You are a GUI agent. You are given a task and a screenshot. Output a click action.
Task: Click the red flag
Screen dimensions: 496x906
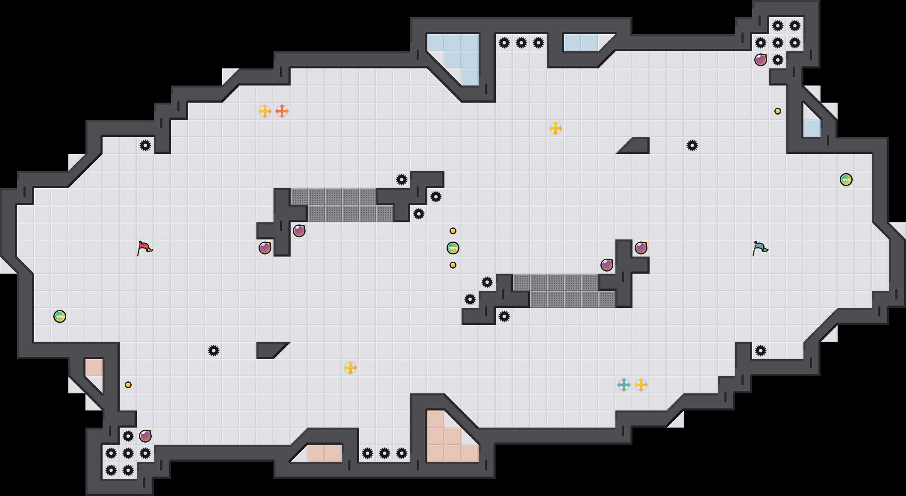(144, 248)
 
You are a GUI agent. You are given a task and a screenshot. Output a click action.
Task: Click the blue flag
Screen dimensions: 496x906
(760, 248)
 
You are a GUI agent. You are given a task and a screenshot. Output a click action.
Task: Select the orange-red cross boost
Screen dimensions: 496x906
(282, 111)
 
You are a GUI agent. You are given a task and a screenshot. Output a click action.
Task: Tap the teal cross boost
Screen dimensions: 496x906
(624, 385)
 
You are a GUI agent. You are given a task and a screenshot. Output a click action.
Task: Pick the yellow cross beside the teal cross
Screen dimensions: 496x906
(641, 385)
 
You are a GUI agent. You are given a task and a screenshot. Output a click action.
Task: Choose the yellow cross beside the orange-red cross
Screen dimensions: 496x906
(265, 111)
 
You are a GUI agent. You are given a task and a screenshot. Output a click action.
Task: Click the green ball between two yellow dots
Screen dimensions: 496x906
(453, 248)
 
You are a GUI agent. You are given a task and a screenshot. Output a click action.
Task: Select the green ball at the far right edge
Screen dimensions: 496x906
(846, 180)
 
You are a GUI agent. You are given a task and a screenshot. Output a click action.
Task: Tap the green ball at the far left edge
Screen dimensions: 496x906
(60, 316)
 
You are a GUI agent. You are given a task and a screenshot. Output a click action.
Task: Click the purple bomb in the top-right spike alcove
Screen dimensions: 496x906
(761, 60)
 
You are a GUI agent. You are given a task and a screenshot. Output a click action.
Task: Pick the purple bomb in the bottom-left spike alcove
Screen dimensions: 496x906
(145, 436)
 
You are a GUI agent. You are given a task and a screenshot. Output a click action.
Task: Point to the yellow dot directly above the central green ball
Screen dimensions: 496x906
(453, 231)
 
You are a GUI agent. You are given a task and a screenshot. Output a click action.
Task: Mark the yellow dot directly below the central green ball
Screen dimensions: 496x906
(453, 265)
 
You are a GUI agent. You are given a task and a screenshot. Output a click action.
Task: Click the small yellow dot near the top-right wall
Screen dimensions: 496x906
(778, 111)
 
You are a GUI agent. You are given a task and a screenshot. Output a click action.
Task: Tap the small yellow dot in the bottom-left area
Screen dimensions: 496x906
(128, 385)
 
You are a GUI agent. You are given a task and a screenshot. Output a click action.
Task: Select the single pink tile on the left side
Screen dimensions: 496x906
(94, 368)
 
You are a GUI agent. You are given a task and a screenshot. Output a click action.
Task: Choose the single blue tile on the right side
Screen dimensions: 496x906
(812, 128)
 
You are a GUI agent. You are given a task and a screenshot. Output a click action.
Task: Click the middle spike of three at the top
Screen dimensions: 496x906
(521, 43)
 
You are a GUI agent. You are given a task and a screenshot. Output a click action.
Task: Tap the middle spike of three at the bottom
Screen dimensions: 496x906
(385, 453)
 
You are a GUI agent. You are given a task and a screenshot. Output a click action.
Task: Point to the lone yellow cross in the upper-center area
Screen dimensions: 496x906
(556, 128)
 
